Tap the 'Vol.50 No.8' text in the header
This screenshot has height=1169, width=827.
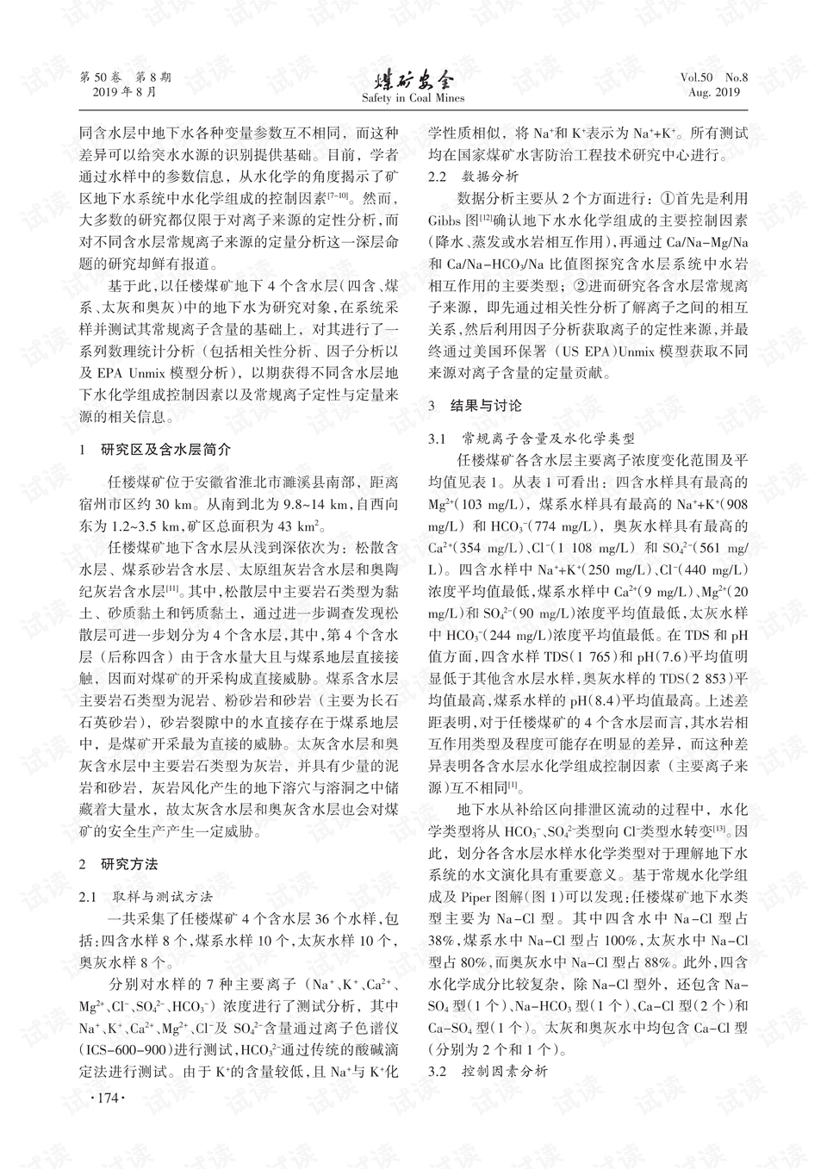(714, 78)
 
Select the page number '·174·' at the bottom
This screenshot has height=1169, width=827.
(108, 1099)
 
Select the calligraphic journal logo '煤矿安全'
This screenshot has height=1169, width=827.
(413, 81)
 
